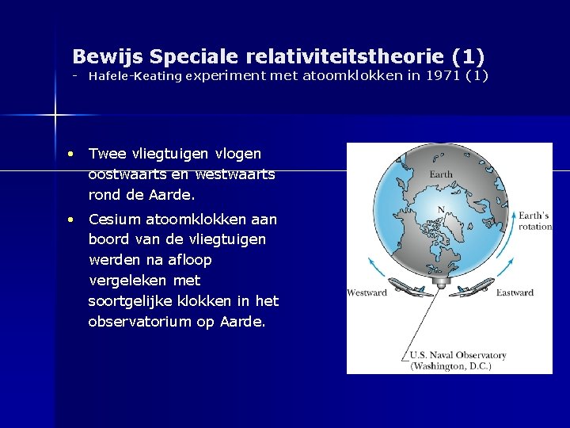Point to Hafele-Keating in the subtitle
pos(135,76)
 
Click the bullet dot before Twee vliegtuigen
pos(71,153)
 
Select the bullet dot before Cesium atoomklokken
pos(71,220)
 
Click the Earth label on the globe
pos(441,174)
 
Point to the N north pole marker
pos(441,210)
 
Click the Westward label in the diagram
pos(367,293)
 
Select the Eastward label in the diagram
pos(515,293)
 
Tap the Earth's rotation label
pos(534,220)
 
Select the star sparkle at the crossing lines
pos(55,116)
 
